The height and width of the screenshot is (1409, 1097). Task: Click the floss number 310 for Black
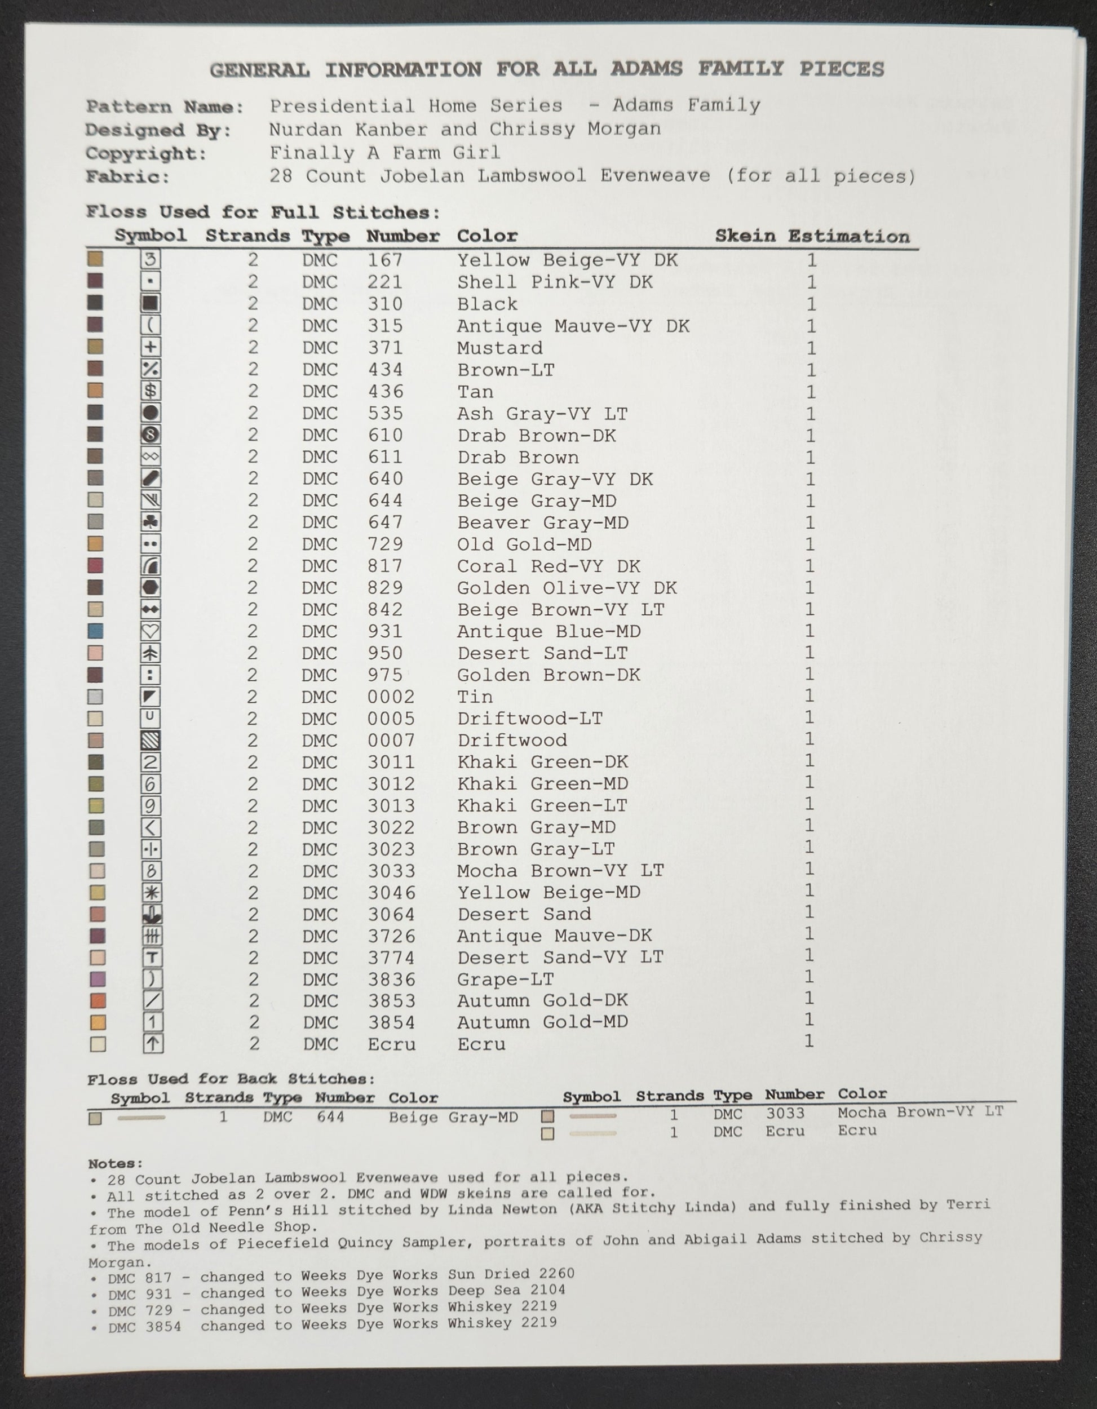(x=385, y=304)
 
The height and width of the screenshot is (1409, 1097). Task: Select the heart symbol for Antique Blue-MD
(x=151, y=631)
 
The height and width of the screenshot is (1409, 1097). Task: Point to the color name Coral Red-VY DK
(x=548, y=566)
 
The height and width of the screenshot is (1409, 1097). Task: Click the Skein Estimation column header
(x=812, y=236)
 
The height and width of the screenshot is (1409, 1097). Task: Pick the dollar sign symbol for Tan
(x=151, y=391)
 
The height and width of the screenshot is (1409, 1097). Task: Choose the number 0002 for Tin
(x=391, y=697)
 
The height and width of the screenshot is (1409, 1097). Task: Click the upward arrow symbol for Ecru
(x=152, y=1043)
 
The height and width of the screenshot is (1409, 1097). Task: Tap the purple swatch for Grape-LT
(x=98, y=978)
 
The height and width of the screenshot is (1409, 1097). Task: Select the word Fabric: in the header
(x=127, y=177)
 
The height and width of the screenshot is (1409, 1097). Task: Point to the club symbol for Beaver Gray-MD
(x=151, y=522)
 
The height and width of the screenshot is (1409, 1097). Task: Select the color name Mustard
(x=499, y=348)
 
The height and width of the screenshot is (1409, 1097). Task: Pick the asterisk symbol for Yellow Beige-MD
(x=152, y=892)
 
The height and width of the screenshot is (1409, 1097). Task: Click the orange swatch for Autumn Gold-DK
(x=98, y=1000)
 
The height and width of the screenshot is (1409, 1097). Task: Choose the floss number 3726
(x=392, y=936)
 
